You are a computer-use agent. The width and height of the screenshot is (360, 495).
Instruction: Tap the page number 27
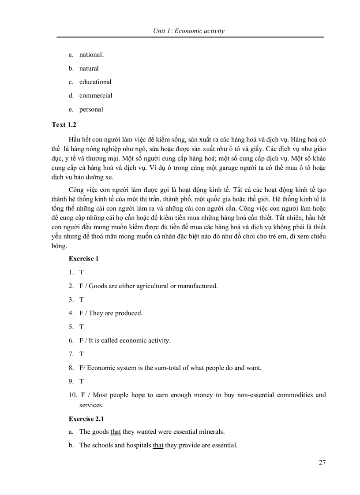point(322,462)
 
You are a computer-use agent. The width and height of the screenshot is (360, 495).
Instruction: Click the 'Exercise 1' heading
point(83,259)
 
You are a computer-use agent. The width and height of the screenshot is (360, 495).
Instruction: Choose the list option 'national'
point(91,55)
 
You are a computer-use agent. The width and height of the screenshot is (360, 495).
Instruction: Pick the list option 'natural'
point(89,68)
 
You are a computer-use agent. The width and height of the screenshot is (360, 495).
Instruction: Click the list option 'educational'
point(95,82)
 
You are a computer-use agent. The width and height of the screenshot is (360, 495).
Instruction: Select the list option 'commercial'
point(96,96)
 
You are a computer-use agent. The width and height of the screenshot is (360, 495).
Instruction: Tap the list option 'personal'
point(91,109)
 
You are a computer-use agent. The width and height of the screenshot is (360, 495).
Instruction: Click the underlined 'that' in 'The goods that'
point(116,432)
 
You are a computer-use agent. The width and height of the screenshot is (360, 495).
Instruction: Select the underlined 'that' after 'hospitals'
point(158,445)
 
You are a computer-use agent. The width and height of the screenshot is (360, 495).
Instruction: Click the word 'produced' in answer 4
point(129,313)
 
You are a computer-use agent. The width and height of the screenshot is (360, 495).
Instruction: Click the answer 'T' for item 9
point(82,381)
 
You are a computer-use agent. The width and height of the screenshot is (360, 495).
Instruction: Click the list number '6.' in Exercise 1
point(71,340)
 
